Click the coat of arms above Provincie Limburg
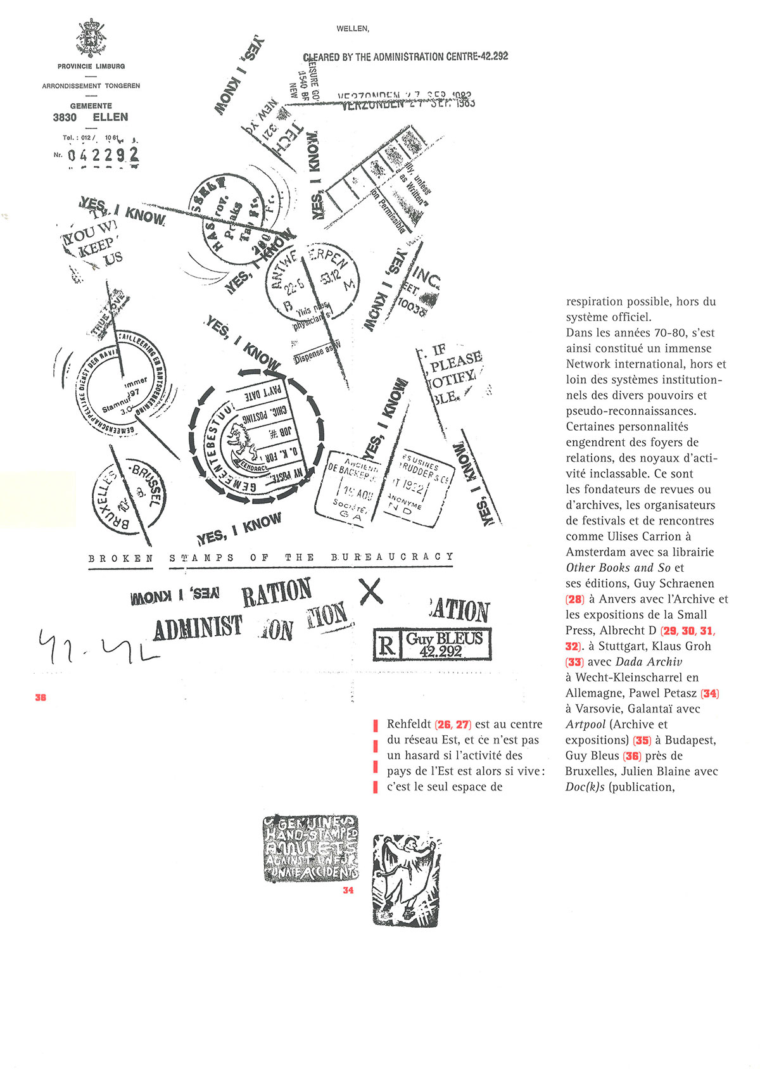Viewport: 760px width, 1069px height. (x=91, y=39)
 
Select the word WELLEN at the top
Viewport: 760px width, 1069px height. (x=352, y=28)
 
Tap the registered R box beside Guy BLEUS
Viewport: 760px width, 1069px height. (x=386, y=646)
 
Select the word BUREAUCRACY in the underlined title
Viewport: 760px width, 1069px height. (x=392, y=557)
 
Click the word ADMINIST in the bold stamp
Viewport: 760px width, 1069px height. (x=198, y=628)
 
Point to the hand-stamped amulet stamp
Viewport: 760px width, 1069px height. (x=310, y=848)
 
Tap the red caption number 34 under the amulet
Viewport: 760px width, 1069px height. (x=348, y=890)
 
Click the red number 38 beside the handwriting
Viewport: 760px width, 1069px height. (x=41, y=697)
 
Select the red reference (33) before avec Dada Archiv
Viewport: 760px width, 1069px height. (x=574, y=662)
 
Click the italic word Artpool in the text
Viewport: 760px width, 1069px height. (x=585, y=724)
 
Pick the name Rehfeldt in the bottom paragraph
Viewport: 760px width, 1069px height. (x=410, y=724)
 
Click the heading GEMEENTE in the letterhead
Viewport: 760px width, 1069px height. (x=91, y=106)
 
